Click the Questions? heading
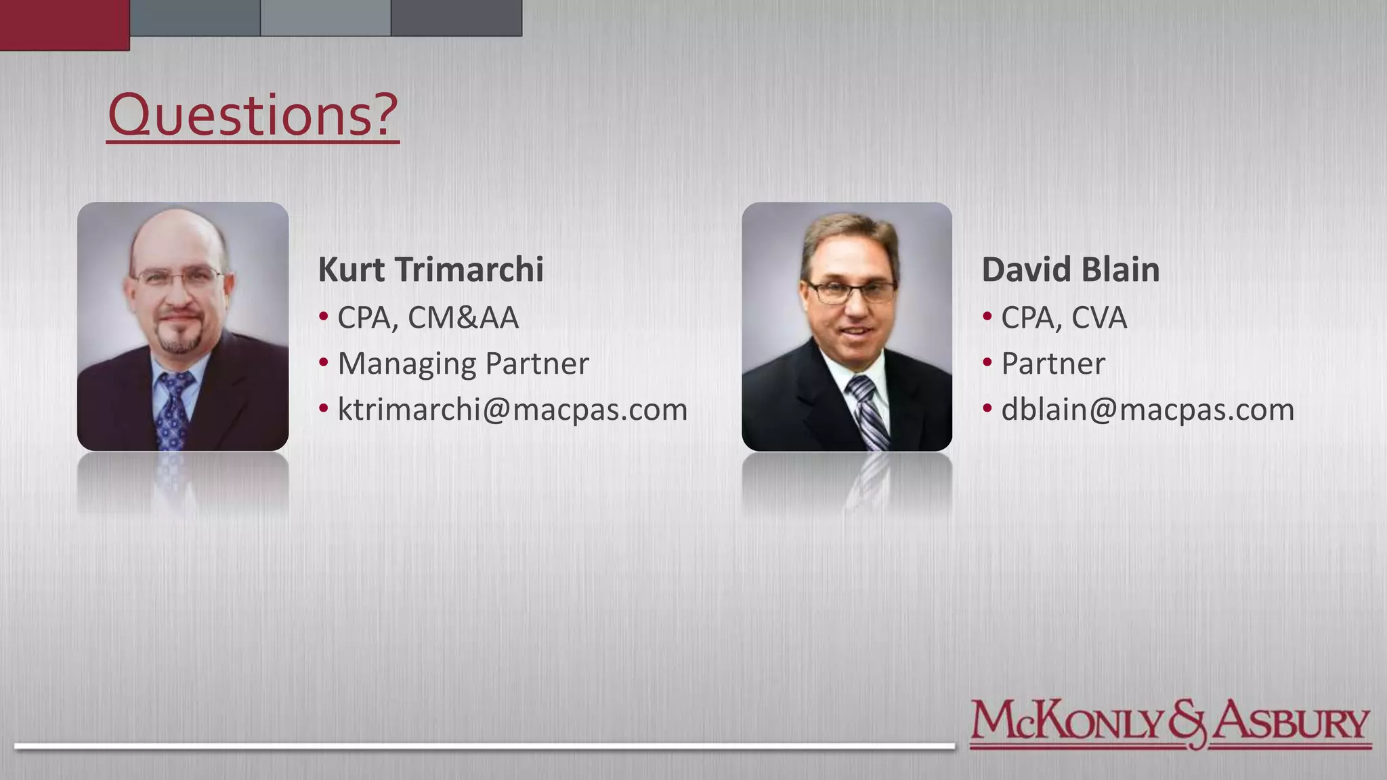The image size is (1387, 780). click(x=253, y=115)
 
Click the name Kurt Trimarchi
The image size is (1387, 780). click(x=431, y=269)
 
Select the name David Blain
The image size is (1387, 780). click(x=1070, y=269)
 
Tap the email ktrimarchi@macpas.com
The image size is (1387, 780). click(x=512, y=409)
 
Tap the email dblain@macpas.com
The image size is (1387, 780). click(x=1147, y=409)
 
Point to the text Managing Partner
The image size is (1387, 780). click(x=463, y=364)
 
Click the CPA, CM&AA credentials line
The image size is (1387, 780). click(x=427, y=318)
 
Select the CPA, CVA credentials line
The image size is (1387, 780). click(x=1063, y=318)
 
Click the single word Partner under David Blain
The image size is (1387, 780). click(x=1052, y=364)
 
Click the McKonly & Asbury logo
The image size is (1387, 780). click(x=1170, y=724)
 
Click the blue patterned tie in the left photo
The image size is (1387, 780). click(x=174, y=413)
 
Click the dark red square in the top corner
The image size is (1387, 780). click(x=64, y=24)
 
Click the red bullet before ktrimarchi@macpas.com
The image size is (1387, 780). click(x=324, y=408)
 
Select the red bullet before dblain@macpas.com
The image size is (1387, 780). click(x=987, y=408)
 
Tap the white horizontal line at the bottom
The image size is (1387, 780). click(x=484, y=746)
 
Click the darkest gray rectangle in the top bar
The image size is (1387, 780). click(x=456, y=18)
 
